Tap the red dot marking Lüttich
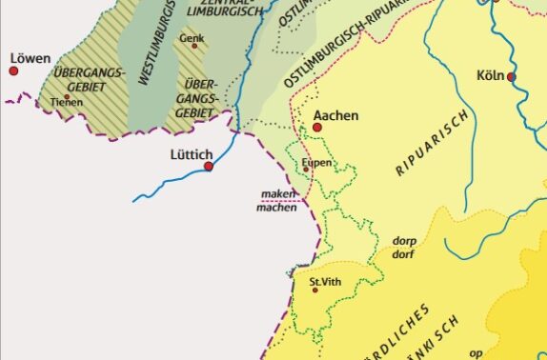click(209, 167)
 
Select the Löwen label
click(29, 58)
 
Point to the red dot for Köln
click(512, 76)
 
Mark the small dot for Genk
click(194, 46)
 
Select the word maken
click(276, 194)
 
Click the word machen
click(276, 208)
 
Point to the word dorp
click(404, 241)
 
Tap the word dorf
click(404, 254)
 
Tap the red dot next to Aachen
click(317, 127)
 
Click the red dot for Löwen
click(13, 70)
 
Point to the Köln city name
click(491, 75)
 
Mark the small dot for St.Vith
click(315, 290)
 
